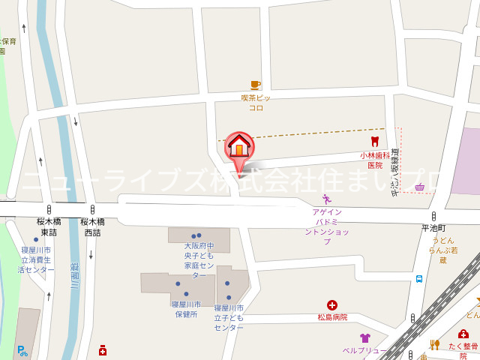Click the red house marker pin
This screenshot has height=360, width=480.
coord(240,145)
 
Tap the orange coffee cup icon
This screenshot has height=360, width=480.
coord(256,85)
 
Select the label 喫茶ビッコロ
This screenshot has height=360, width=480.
coord(256,103)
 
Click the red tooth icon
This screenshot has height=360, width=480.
coord(374,141)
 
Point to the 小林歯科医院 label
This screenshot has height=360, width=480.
coord(374,160)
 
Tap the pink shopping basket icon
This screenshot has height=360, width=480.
coord(420,187)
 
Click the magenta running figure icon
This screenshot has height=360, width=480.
coord(326,199)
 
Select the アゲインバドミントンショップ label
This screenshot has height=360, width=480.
coord(327,226)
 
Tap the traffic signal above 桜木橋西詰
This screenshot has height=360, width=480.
coord(92,209)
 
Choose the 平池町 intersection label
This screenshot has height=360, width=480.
coord(433,228)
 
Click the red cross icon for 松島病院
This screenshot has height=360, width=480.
coord(331,304)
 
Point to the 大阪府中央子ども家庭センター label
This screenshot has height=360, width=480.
coord(199,260)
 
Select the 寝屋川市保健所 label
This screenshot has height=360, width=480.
coord(185,309)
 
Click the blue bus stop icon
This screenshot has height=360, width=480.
coord(418,279)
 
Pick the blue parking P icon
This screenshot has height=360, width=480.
coord(22,349)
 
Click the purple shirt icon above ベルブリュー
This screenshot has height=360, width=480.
coord(364,338)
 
